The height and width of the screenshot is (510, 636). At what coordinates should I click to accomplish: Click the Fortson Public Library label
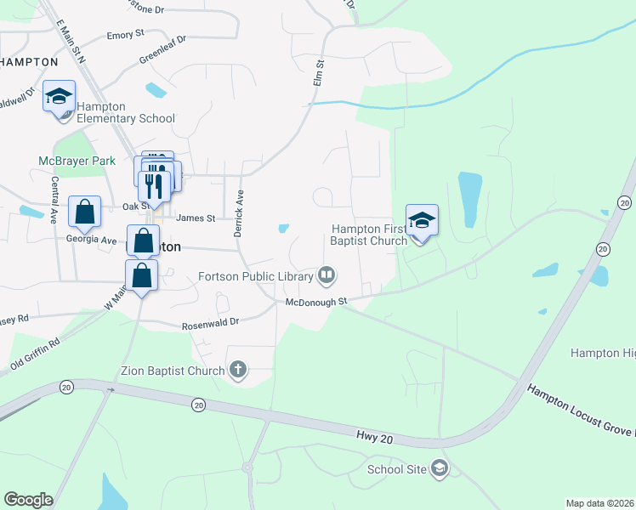point(255,275)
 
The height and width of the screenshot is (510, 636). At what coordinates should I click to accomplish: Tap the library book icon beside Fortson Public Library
point(327,275)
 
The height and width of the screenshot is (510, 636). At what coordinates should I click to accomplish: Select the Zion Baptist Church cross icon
point(239,370)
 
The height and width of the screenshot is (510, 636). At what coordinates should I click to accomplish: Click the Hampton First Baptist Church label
point(369,235)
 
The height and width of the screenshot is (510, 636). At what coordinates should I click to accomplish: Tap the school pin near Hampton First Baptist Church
point(422,222)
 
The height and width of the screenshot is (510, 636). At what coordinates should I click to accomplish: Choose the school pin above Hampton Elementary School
point(60,98)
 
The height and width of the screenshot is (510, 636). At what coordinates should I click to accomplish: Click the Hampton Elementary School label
point(125,113)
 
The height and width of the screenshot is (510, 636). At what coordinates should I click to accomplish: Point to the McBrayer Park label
point(77,161)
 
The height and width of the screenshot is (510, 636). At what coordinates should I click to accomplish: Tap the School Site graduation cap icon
point(439,468)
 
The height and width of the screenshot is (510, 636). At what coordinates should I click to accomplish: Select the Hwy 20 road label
point(375,436)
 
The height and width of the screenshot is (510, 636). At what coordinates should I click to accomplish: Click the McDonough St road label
point(316,302)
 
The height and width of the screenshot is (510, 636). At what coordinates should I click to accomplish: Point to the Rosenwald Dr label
point(211,325)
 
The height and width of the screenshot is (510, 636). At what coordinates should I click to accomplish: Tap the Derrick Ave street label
point(240,213)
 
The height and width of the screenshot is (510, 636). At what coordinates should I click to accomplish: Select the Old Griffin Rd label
point(35,354)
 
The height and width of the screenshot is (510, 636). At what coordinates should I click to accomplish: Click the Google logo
point(28,500)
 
